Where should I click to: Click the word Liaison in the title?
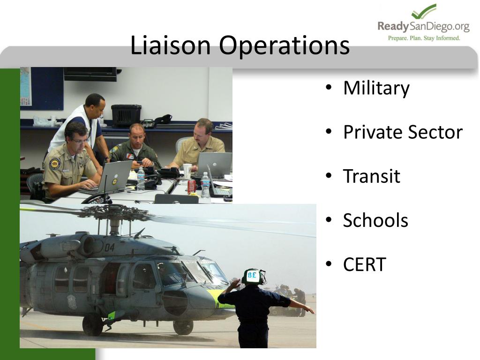tap(171, 46)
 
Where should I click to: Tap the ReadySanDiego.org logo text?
tap(423, 26)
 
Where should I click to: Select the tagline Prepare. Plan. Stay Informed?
tap(424, 38)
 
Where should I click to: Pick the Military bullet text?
tap(376, 88)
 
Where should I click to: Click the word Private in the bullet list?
tap(372, 132)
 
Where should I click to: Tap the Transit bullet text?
tap(371, 176)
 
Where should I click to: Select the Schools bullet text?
tap(375, 220)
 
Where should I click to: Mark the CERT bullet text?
tap(364, 264)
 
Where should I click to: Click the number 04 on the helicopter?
tap(109, 247)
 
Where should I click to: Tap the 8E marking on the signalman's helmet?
tap(252, 275)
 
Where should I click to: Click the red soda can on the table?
tap(191, 187)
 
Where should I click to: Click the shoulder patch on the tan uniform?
tap(55, 163)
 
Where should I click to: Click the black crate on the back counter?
tap(126, 115)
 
